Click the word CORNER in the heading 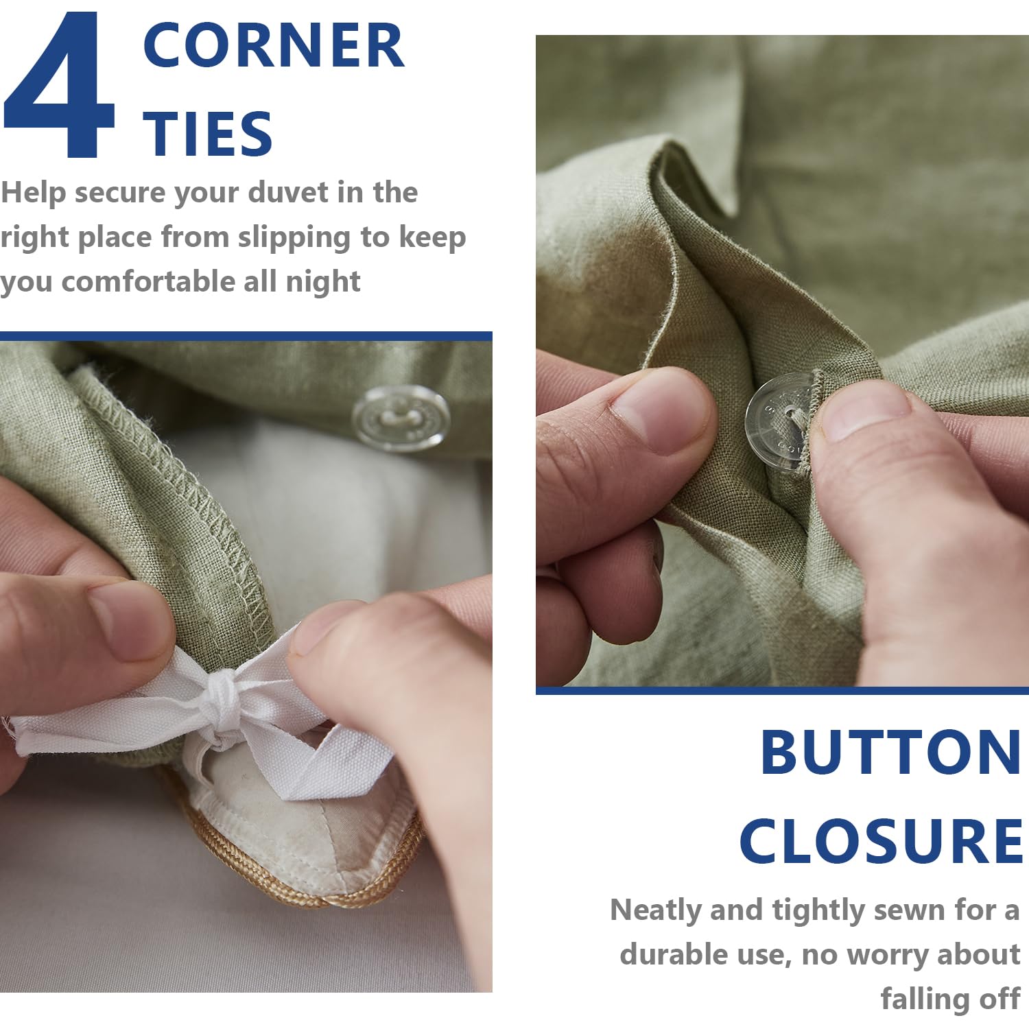pyautogui.click(x=274, y=45)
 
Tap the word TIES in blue pyautogui.click(x=208, y=133)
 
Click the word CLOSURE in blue pyautogui.click(x=882, y=841)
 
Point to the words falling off pyautogui.click(x=951, y=999)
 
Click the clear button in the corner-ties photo pyautogui.click(x=401, y=418)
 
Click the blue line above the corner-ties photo pyautogui.click(x=246, y=336)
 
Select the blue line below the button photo pyautogui.click(x=782, y=690)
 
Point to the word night pyautogui.click(x=323, y=283)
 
